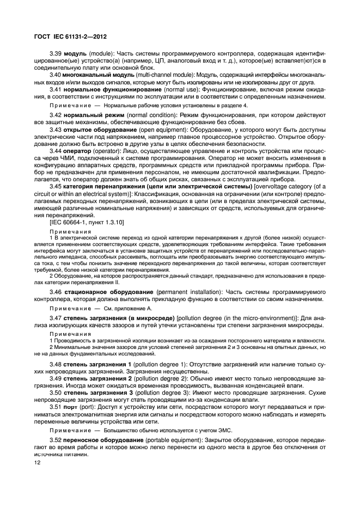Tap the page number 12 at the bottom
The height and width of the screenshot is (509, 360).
38,462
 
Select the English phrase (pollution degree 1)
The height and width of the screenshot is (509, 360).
161,364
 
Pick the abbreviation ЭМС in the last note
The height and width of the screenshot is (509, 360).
224,430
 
